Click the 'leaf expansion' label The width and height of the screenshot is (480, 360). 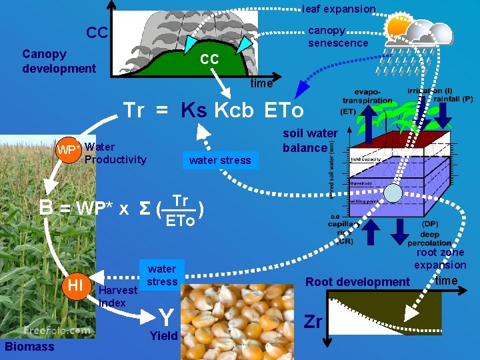(339, 9)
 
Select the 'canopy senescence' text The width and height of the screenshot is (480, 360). (337, 37)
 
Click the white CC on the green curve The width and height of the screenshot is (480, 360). (209, 59)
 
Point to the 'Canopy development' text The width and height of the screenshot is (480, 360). (59, 61)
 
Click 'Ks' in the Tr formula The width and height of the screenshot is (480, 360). (193, 111)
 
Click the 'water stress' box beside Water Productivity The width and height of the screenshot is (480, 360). (220, 160)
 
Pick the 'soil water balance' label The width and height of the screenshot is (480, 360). (310, 141)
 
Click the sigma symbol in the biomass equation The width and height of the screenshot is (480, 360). (143, 208)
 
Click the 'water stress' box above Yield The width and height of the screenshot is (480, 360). (162, 275)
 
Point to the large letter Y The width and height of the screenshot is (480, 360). (167, 315)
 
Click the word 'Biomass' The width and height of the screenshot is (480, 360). (29, 346)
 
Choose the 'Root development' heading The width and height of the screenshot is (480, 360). (357, 281)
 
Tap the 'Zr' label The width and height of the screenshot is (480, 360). (313, 323)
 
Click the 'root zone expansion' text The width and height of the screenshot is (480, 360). (440, 259)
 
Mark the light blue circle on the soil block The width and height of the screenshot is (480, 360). (393, 193)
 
